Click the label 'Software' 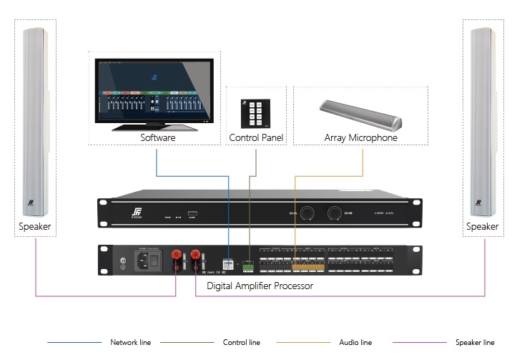pyautogui.click(x=158, y=137)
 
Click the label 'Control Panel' pyautogui.click(x=256, y=137)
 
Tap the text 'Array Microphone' pyautogui.click(x=361, y=137)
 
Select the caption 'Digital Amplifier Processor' pyautogui.click(x=260, y=286)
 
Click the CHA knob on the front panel pyautogui.click(x=307, y=213)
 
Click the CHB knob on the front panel pyautogui.click(x=335, y=213)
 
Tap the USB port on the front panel pyautogui.click(x=192, y=213)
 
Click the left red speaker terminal pyautogui.click(x=175, y=257)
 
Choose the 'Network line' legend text pyautogui.click(x=130, y=342)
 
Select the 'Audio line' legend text pyautogui.click(x=355, y=342)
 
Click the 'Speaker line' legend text pyautogui.click(x=475, y=342)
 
